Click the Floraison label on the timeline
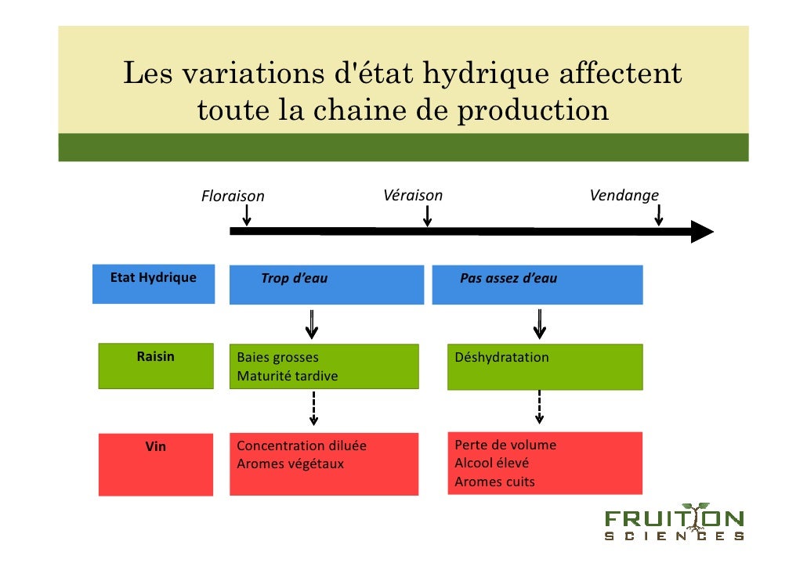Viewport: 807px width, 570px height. pos(233,196)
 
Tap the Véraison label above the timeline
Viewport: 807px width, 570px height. pos(413,195)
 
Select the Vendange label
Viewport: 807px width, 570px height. pos(624,195)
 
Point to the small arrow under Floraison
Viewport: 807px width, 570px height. pos(247,215)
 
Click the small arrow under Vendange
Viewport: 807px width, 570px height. pos(658,215)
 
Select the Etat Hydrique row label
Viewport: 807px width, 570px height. pos(154,278)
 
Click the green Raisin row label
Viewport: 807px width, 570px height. pos(155,357)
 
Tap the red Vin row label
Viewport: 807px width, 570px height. pos(156,447)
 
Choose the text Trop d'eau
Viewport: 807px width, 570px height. pos(295,279)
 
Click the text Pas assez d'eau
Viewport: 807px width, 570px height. pos(508,279)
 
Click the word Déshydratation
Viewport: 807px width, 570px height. pos(501,358)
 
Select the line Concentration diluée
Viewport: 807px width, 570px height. pos(301,446)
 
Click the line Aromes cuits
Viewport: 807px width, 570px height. pos(494,482)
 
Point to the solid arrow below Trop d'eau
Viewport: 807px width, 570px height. pos(312,323)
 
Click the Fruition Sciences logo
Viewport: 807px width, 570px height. pos(674,523)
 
